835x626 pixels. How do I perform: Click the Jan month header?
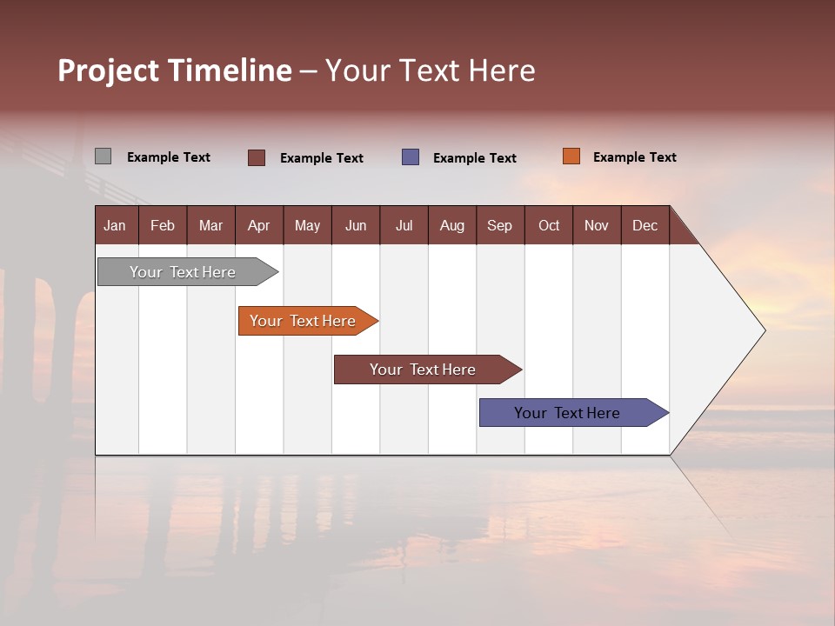115,225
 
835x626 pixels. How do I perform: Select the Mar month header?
210,225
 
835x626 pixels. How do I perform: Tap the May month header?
307,225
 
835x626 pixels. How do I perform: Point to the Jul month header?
404,225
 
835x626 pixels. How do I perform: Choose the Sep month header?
499,225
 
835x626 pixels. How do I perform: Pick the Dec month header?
645,225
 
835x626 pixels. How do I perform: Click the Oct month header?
549,225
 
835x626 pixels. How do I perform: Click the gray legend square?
103,156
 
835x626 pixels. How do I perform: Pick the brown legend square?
257,157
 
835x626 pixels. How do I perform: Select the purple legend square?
411,157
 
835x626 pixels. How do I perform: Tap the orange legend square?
571,156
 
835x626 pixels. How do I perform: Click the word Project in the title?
109,70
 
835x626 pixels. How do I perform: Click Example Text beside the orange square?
634,157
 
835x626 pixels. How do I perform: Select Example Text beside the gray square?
168,157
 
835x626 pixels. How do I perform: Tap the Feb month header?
163,225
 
